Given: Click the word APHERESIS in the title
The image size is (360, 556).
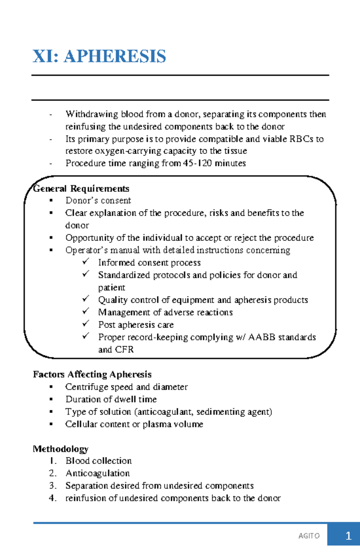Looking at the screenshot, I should click(x=115, y=56).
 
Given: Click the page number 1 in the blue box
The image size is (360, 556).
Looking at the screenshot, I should click(x=348, y=536).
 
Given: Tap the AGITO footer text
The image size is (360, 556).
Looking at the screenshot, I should click(x=309, y=536).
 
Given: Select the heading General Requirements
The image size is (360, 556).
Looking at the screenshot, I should click(x=81, y=189).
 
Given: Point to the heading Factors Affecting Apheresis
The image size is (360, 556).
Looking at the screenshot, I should click(x=92, y=374).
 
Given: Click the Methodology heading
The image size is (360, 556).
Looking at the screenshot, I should click(x=61, y=449).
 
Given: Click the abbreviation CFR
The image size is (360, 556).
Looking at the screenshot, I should click(x=124, y=349).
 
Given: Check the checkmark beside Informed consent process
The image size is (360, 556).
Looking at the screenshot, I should click(x=86, y=262).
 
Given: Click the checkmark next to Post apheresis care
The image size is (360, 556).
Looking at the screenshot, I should click(x=86, y=324).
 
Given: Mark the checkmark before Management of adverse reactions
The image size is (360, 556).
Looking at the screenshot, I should click(x=86, y=311).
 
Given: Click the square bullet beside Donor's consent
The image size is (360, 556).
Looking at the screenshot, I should click(x=51, y=200).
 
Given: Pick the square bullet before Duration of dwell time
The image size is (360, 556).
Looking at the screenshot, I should click(x=51, y=399).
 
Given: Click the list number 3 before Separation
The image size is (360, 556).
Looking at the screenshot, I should click(x=52, y=485).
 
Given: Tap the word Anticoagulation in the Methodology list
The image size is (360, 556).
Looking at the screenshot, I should click(x=97, y=473).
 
